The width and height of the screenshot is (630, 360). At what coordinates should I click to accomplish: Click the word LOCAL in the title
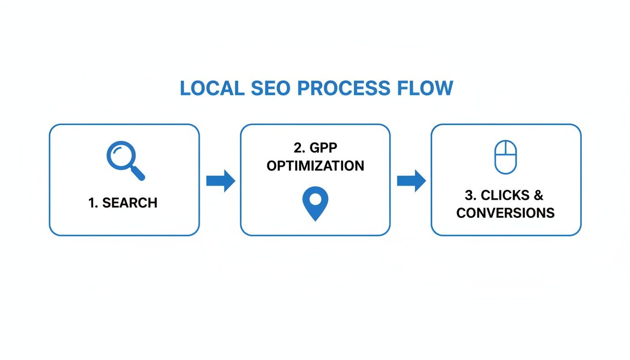pyautogui.click(x=211, y=89)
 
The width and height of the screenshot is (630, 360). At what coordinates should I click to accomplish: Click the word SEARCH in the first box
pyautogui.click(x=129, y=203)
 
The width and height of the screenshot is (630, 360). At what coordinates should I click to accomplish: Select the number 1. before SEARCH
pyautogui.click(x=94, y=203)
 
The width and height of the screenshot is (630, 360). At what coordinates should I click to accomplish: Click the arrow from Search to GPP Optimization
pyautogui.click(x=220, y=181)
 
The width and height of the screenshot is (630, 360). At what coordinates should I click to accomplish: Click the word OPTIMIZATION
pyautogui.click(x=315, y=166)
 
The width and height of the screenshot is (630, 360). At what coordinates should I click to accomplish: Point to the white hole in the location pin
pyautogui.click(x=315, y=199)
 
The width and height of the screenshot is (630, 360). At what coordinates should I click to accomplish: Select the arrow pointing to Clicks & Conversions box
pyautogui.click(x=411, y=181)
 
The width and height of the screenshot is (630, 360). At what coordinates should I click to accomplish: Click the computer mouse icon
pyautogui.click(x=506, y=157)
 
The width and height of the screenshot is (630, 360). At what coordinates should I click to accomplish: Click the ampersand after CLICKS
pyautogui.click(x=538, y=195)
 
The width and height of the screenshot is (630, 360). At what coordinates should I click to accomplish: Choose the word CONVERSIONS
pyautogui.click(x=505, y=213)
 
